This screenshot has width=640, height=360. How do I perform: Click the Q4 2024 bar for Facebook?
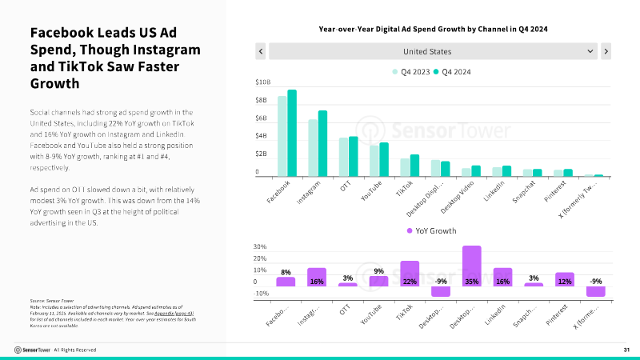click(292, 133)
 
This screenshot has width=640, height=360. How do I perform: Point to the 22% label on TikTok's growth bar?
click(410, 282)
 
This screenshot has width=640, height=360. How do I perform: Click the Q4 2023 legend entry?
click(410, 72)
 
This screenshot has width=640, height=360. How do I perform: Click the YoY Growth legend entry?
click(432, 230)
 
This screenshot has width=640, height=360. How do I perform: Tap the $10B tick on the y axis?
click(262, 82)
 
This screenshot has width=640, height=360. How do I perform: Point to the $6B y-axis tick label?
click(262, 118)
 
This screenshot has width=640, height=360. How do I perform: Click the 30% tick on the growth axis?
click(259, 246)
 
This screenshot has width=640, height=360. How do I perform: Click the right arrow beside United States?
click(606, 51)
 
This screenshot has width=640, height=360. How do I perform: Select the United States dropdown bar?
click(433, 51)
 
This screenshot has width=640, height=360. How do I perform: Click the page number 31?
click(627, 350)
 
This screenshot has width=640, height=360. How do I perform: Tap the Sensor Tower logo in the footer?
click(33, 350)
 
